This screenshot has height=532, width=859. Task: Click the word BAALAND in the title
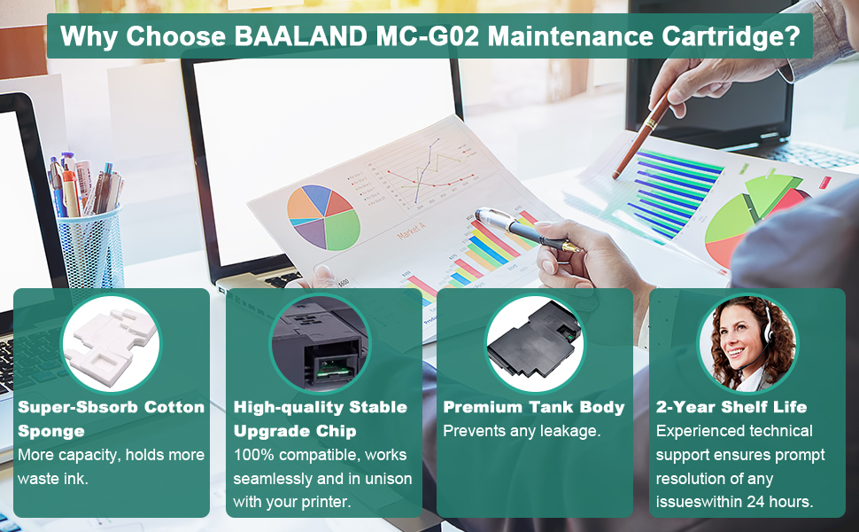click(x=301, y=36)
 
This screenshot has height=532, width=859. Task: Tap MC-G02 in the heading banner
click(x=428, y=36)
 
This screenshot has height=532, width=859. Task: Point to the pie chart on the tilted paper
click(x=323, y=217)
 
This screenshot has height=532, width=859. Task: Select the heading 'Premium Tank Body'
click(x=534, y=407)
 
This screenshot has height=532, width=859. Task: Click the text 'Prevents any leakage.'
click(x=522, y=431)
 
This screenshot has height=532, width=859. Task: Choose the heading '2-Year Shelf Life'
click(x=731, y=407)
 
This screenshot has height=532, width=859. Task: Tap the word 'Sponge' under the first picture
click(x=51, y=432)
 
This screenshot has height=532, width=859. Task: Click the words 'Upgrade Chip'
click(x=295, y=431)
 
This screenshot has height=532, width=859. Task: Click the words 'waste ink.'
click(x=52, y=479)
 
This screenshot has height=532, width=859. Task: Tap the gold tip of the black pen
click(x=571, y=248)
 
